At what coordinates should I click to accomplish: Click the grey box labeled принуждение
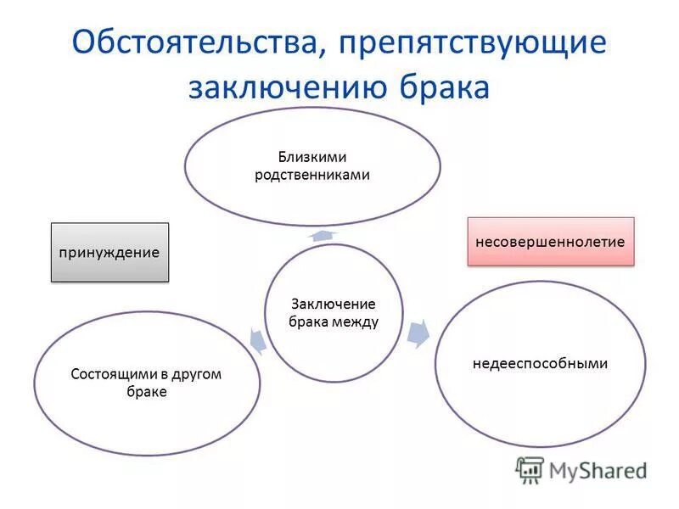(x=109, y=253)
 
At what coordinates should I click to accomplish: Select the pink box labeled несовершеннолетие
(x=550, y=242)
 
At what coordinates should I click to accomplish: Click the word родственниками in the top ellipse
(x=312, y=174)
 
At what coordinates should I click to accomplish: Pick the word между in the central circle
(x=356, y=322)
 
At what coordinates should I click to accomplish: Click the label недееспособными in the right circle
(x=540, y=363)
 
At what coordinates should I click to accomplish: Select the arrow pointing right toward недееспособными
(x=418, y=333)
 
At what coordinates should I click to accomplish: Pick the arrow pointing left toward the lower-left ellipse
(x=258, y=339)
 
